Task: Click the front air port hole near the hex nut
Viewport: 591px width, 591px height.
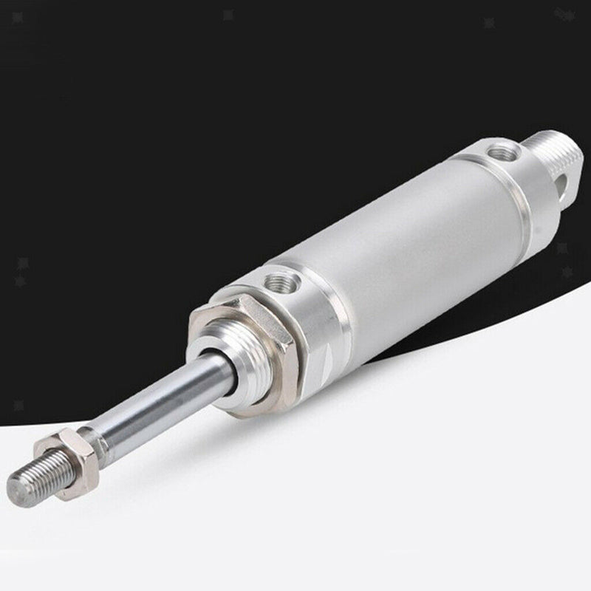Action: point(284,281)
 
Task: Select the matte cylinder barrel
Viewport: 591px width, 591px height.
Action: point(414,244)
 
